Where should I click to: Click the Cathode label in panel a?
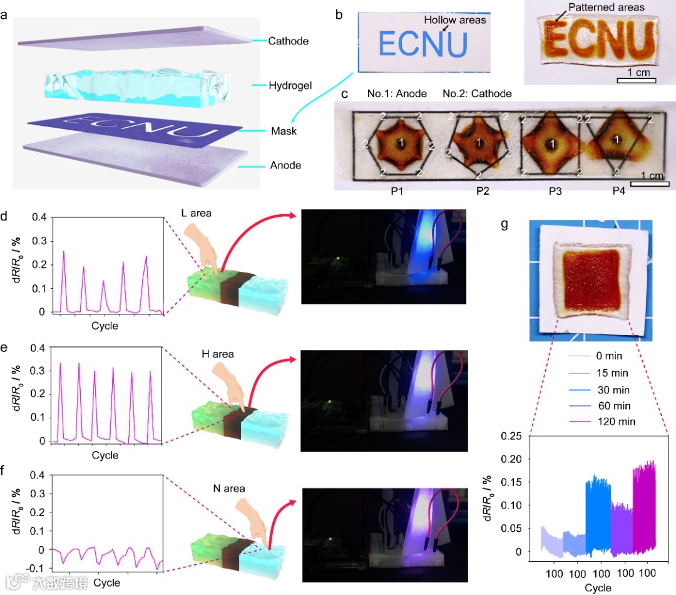[x=289, y=41]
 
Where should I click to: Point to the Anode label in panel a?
[x=285, y=165]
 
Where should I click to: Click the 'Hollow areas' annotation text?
[x=455, y=20]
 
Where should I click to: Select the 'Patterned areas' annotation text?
[x=607, y=8]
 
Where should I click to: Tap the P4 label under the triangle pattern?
[x=618, y=190]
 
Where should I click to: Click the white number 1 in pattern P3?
[x=552, y=143]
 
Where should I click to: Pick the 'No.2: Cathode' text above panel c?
[x=477, y=94]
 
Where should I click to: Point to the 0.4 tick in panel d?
[x=40, y=217]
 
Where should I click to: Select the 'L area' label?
[x=196, y=214]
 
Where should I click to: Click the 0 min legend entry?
[x=609, y=356]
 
